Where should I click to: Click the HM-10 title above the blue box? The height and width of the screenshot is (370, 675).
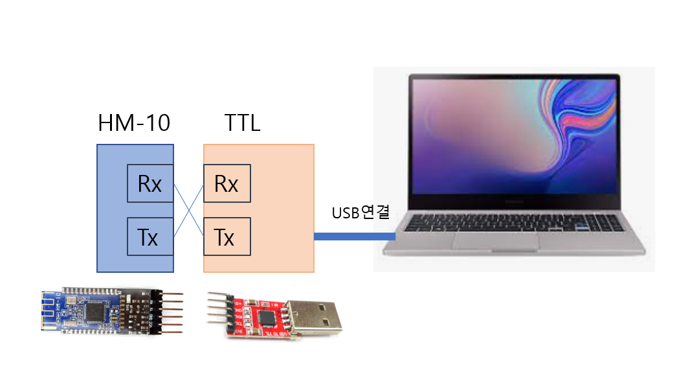coord(135,122)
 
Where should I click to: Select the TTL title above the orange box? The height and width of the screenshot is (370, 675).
coord(242,122)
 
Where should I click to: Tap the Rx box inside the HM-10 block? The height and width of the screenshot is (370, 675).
coord(149,185)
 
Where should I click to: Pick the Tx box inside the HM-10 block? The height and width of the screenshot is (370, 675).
coord(149,237)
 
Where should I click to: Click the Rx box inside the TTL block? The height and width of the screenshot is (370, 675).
coord(227,185)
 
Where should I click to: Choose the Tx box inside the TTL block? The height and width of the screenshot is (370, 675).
coord(227,237)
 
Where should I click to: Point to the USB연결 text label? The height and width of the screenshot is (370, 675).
coord(360,213)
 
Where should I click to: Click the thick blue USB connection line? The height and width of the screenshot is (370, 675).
coord(354,237)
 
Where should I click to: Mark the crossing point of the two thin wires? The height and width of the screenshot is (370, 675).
coord(188,211)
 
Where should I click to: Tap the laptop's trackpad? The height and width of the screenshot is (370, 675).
coord(496,239)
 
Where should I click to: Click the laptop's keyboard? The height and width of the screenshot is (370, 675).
coord(511,220)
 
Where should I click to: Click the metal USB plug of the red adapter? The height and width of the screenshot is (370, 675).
coord(315,316)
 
